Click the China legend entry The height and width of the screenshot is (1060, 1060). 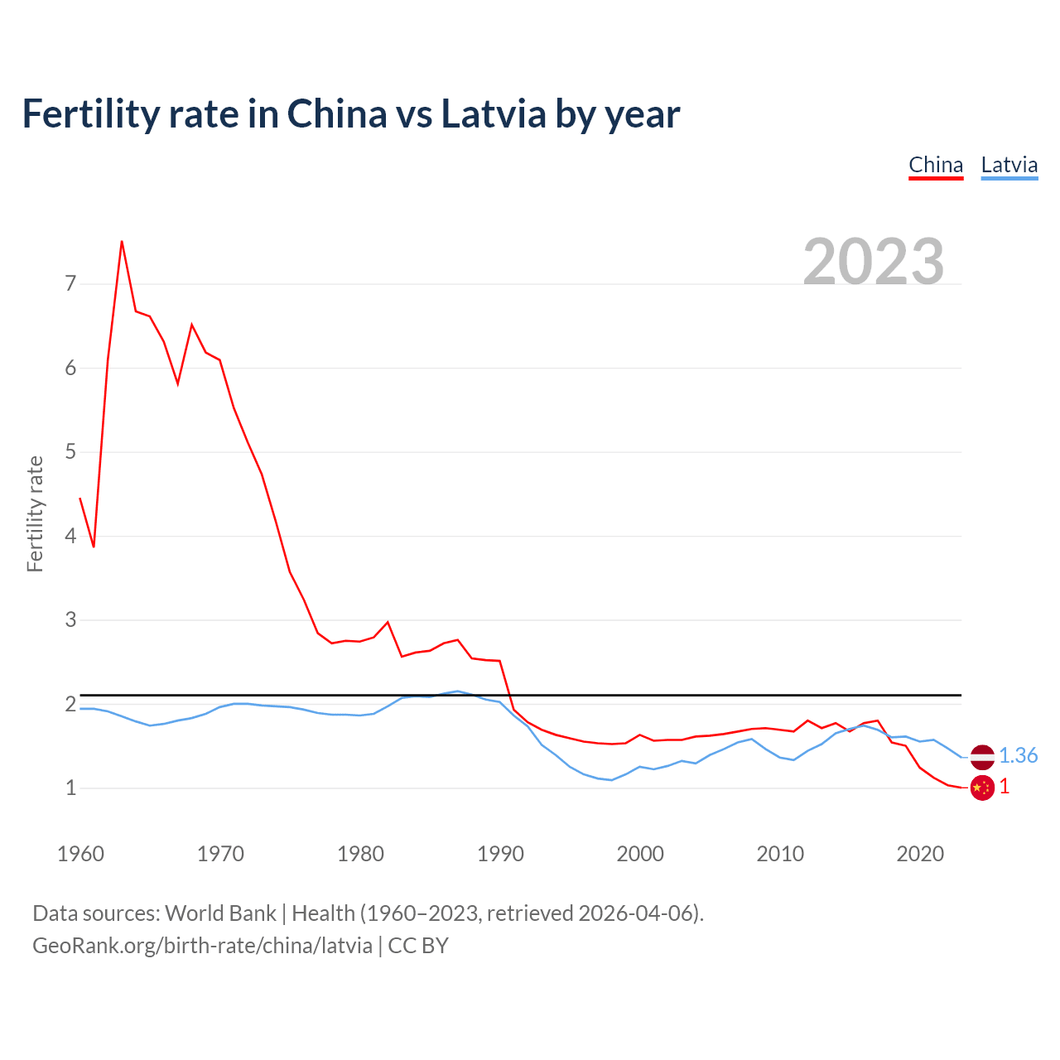pos(936,166)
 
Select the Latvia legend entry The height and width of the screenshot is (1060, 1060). pos(1009,166)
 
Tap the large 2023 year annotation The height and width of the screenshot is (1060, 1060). pos(874,262)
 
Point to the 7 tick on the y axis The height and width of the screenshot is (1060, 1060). pos(70,284)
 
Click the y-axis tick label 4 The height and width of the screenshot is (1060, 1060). pos(70,536)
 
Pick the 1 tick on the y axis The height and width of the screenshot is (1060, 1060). pos(70,788)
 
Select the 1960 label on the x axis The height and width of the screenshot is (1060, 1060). pos(80,854)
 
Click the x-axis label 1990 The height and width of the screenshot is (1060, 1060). pos(500,854)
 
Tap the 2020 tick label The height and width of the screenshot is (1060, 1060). pos(920,854)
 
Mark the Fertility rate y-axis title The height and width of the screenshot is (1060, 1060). pos(35,513)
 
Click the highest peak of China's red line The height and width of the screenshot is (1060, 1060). pos(122,241)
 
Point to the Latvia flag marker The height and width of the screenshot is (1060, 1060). pos(982,756)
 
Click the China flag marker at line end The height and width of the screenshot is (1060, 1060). pos(982,788)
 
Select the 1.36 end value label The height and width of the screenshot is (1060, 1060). pos(1018,755)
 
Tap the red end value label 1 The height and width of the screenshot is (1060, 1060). pos(1005,787)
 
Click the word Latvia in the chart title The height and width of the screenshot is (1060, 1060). pos(494,113)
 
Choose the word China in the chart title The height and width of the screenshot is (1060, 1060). pos(336,113)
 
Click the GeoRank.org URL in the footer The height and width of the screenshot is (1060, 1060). pos(202,946)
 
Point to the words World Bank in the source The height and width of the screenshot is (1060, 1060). pos(220,913)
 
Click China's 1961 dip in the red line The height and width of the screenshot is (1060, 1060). pos(94,547)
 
